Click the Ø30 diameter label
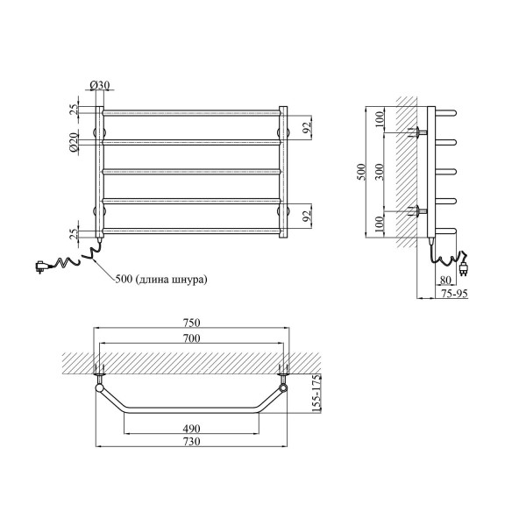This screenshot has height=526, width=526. [100, 85]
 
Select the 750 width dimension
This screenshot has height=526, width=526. [191, 323]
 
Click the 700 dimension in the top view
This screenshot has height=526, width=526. [191, 338]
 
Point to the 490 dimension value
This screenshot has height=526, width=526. [191, 429]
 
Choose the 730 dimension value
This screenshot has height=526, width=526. [191, 442]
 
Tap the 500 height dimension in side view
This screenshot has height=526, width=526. [361, 172]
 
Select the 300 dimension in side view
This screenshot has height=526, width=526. [379, 172]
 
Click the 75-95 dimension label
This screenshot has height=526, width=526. [454, 294]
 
